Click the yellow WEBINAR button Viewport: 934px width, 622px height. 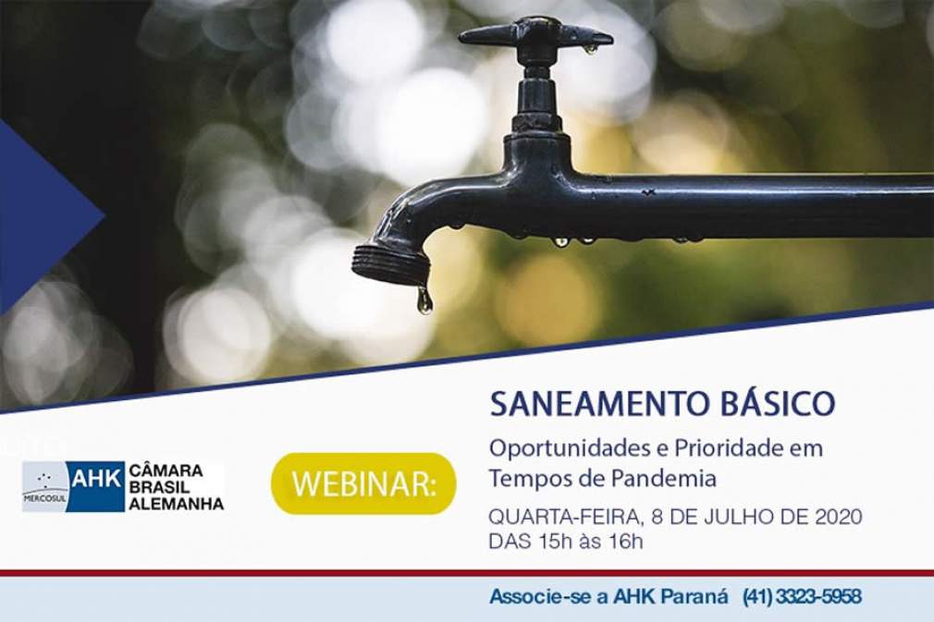point(363,483)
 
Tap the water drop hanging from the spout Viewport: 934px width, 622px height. point(424,300)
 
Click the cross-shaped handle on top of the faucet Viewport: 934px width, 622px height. point(535,36)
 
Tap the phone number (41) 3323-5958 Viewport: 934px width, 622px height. point(802,596)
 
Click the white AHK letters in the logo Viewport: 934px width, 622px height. point(96,479)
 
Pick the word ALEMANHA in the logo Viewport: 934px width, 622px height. point(177,504)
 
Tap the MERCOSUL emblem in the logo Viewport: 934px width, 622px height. point(44,486)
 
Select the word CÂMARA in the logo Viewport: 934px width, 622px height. point(166,470)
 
